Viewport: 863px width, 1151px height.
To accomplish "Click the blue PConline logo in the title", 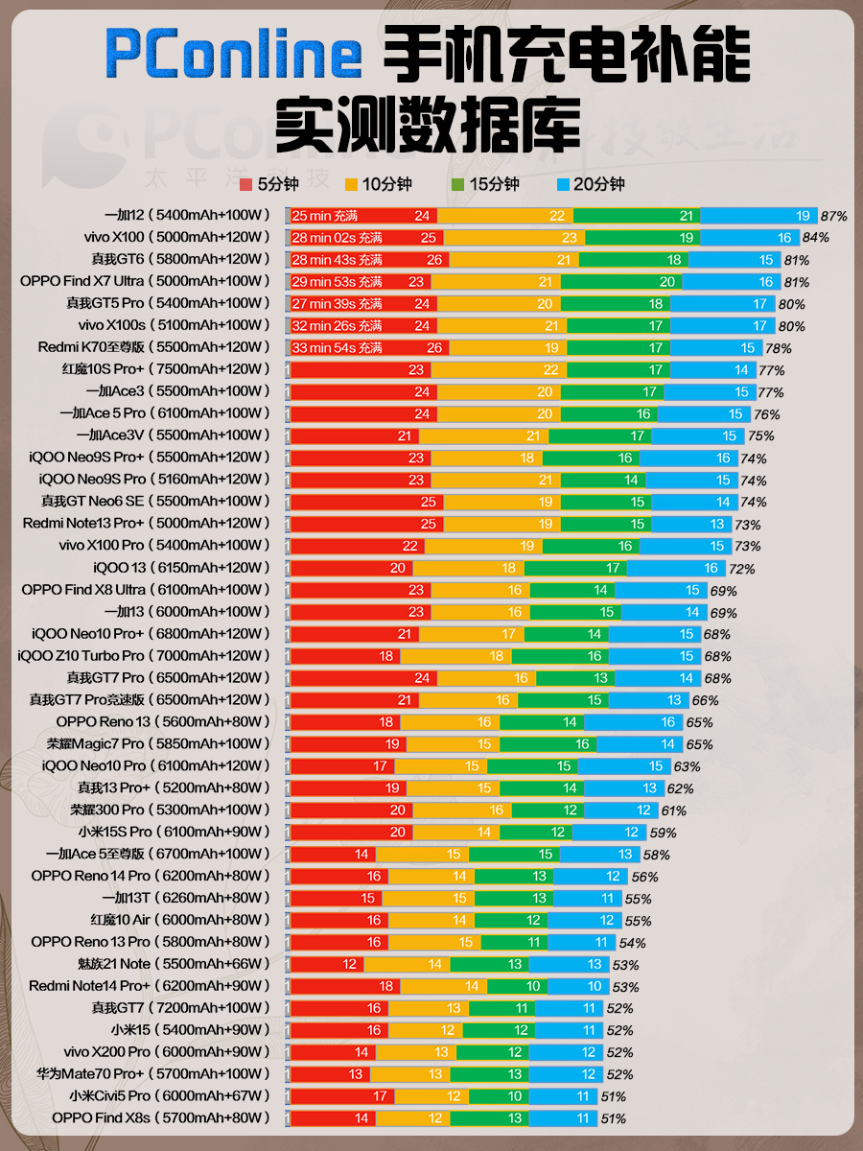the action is pos(234,54).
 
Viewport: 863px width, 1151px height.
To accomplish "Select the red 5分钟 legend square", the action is pos(245,184).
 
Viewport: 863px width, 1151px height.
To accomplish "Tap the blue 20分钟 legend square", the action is pos(563,184).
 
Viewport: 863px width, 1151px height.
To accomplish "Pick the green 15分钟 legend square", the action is pos(457,184).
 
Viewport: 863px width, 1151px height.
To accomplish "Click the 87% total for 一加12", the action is pos(833,216).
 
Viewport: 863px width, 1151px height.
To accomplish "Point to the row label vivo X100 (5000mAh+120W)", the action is pos(177,237).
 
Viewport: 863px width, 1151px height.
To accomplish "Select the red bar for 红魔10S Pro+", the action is pos(362,370).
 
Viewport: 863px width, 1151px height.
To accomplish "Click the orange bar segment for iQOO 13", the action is pos(469,569).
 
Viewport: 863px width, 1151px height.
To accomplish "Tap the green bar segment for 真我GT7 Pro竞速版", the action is pos(563,700).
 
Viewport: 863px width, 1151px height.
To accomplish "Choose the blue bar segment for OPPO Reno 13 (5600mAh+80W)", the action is pos(634,722).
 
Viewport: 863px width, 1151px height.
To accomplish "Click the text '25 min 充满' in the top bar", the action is pos(324,216).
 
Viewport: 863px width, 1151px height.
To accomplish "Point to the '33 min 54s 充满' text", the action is pos(337,348).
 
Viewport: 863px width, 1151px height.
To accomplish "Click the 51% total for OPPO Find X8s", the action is pos(613,1119).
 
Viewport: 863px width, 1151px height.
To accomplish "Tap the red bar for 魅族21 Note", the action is pos(328,965).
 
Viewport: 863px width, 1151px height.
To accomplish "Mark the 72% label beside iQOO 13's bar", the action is pos(741,569).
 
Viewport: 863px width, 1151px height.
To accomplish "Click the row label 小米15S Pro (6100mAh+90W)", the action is pos(175,832).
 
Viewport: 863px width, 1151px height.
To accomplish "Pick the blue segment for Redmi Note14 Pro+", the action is pos(578,987).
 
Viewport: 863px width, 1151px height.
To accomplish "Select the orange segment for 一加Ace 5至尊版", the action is pos(422,855).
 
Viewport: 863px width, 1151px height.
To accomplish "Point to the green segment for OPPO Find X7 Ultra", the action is pos(621,282).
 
